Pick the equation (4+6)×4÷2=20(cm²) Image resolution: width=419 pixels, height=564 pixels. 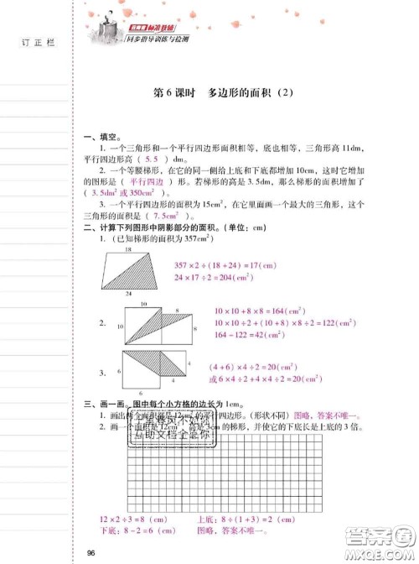(255, 366)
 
